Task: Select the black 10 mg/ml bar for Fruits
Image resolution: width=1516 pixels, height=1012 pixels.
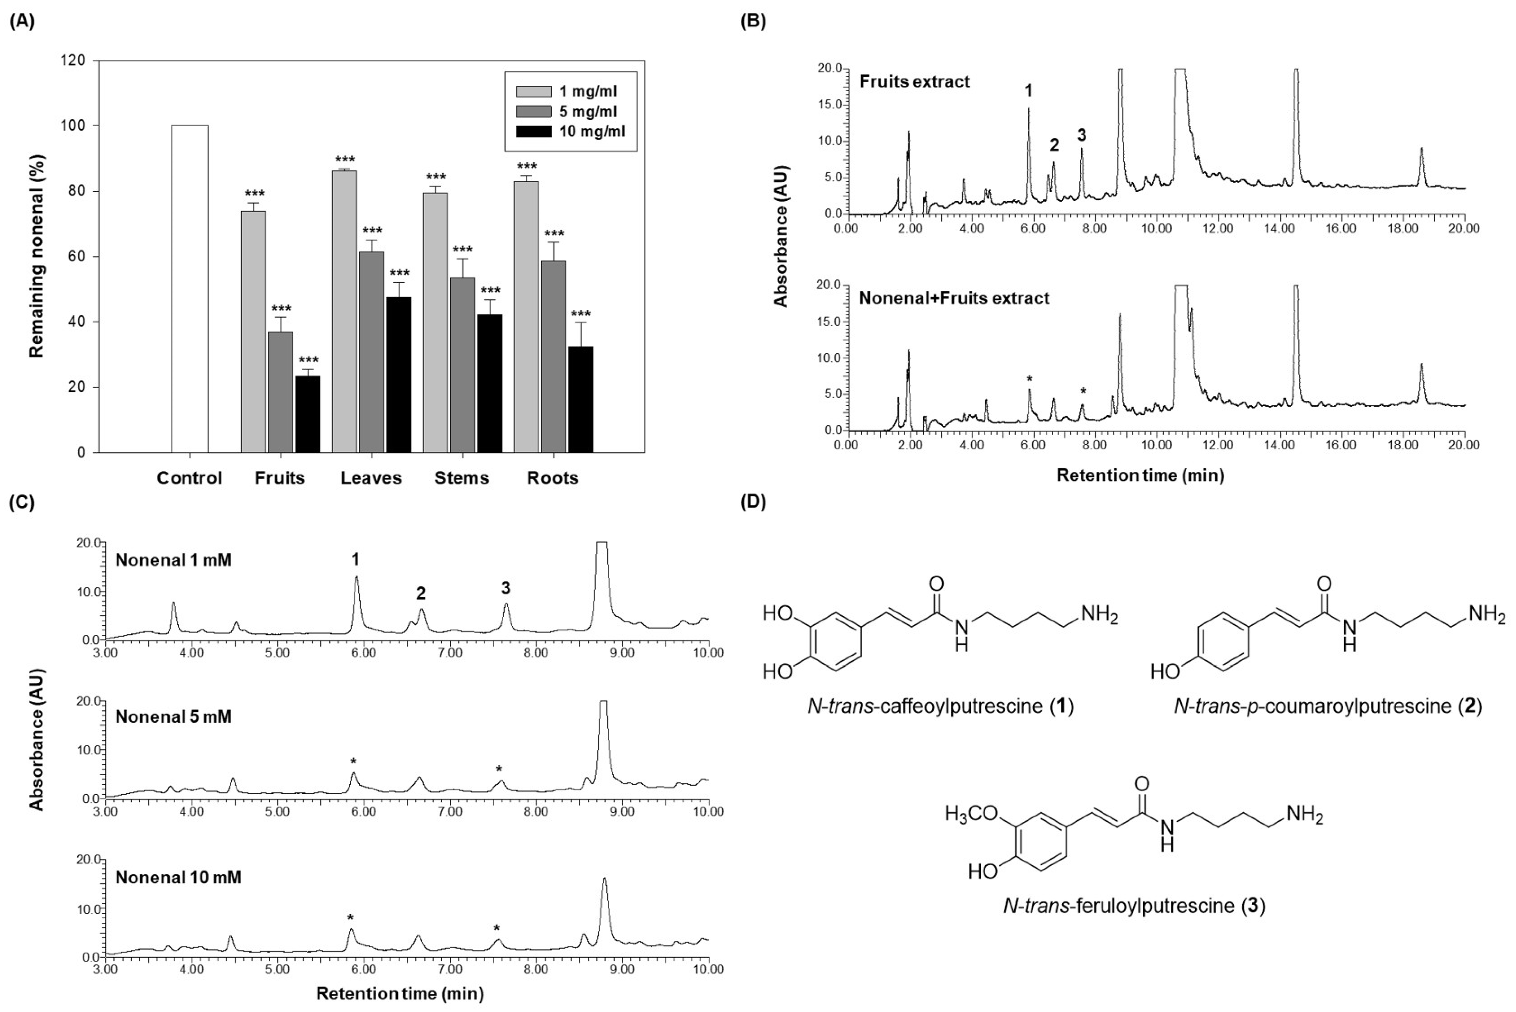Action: tap(308, 414)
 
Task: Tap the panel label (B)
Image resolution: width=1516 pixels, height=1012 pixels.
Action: tap(753, 21)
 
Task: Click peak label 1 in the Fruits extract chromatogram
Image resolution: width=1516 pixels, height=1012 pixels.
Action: tap(1028, 91)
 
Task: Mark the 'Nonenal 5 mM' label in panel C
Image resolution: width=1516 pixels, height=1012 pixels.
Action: tap(173, 716)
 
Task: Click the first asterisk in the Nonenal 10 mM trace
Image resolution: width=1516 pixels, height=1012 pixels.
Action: tap(350, 918)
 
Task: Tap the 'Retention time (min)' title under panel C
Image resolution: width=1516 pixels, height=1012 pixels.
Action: tap(400, 993)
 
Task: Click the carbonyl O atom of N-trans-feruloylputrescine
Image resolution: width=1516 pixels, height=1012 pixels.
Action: tap(1142, 783)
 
